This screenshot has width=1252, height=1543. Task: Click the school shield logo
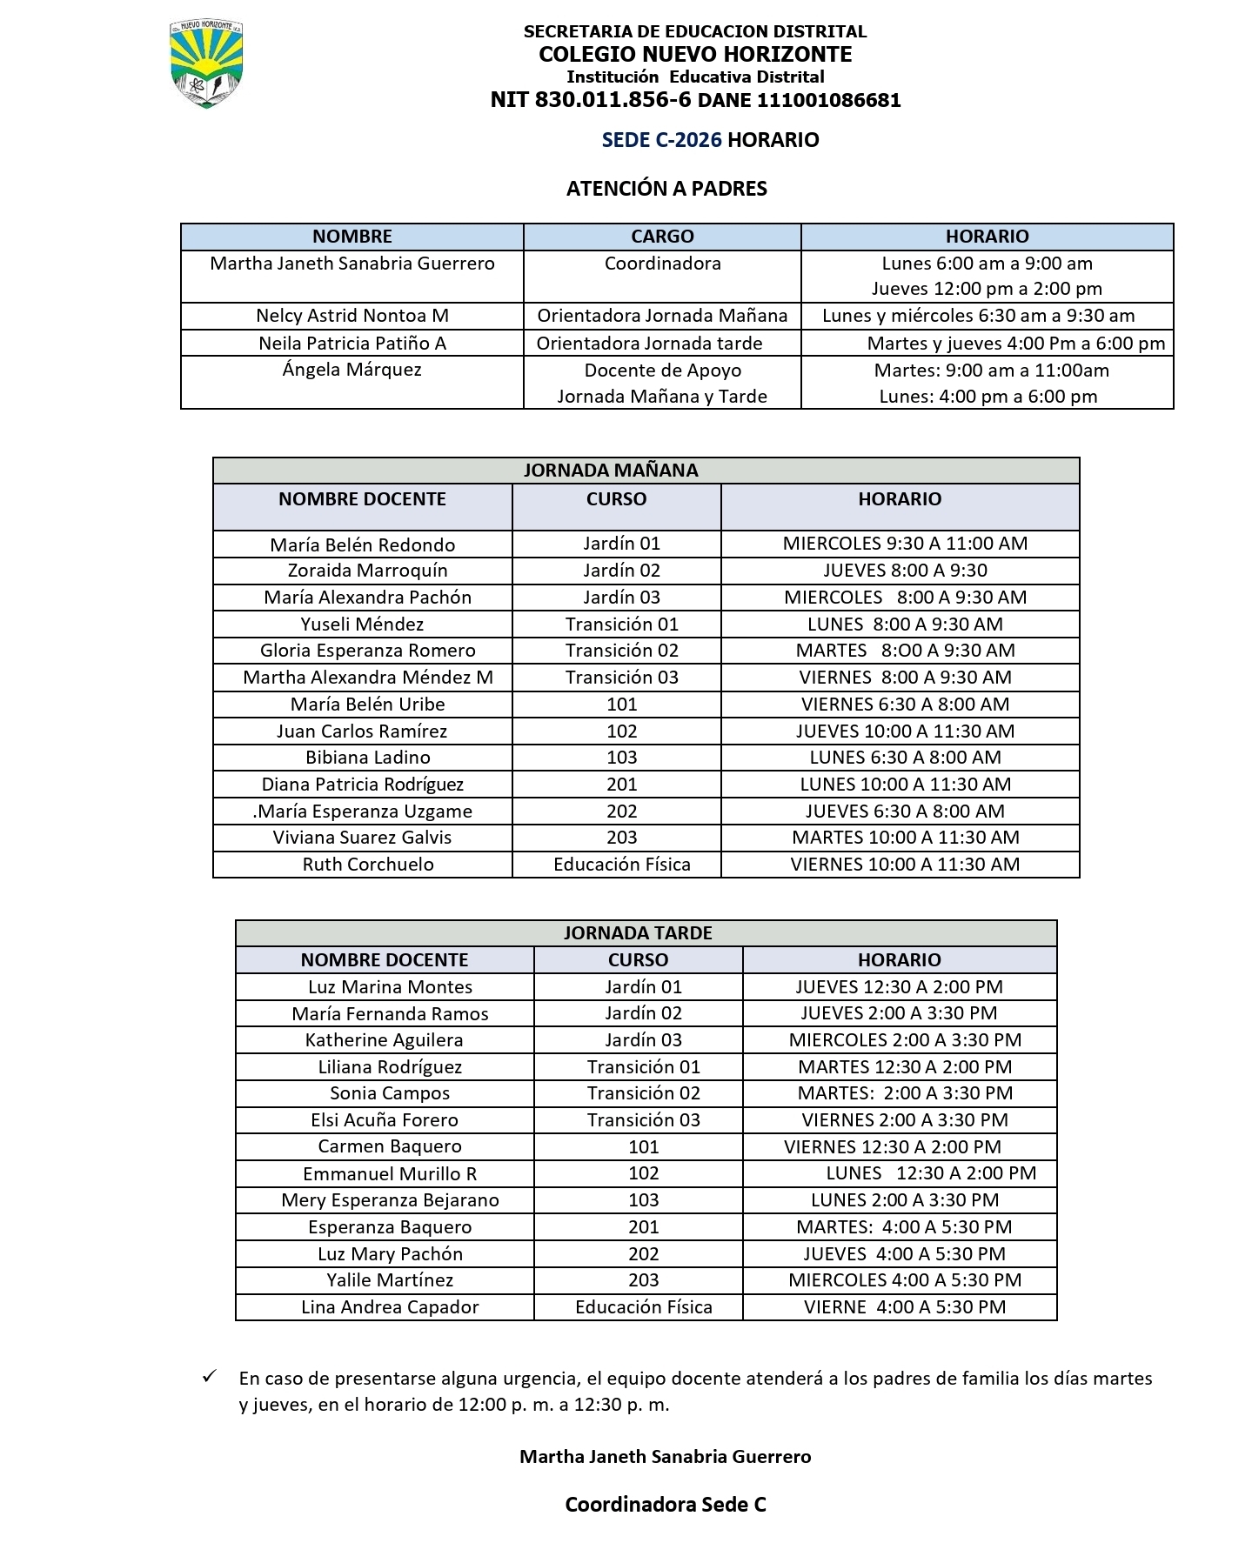(x=206, y=64)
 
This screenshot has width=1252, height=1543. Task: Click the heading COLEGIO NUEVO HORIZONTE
(x=695, y=54)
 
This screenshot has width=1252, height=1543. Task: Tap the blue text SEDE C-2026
(x=661, y=140)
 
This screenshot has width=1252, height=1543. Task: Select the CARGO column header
(x=662, y=237)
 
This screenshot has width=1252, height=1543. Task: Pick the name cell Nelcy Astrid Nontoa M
(x=352, y=316)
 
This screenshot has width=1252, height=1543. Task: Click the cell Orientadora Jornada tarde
(x=649, y=343)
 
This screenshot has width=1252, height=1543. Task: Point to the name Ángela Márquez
(x=352, y=370)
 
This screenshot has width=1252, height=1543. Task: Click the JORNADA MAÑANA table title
(x=611, y=471)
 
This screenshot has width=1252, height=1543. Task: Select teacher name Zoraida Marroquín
(x=368, y=571)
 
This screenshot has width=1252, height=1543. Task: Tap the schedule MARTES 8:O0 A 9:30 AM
(x=905, y=651)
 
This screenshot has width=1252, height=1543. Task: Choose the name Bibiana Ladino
(x=368, y=758)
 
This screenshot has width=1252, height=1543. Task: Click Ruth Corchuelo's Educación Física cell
(x=622, y=865)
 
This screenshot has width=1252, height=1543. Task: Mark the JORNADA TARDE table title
(x=638, y=933)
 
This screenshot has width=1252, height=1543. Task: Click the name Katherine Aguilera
(x=384, y=1040)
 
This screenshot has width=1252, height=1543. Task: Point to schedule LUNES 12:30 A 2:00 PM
(x=931, y=1173)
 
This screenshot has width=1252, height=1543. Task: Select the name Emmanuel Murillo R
(x=390, y=1174)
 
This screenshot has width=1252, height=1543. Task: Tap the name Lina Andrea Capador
(x=390, y=1307)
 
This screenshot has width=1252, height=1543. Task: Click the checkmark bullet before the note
(x=209, y=1377)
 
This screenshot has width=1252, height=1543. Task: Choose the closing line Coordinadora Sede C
(x=666, y=1505)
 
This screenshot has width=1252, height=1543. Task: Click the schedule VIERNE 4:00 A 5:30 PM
(x=905, y=1307)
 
